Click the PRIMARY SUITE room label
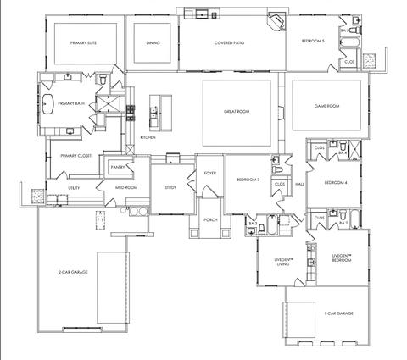point(82,42)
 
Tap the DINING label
point(153,42)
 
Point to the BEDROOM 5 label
point(313,40)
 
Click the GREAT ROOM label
point(236,111)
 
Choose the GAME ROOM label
point(326,106)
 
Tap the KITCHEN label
point(148,136)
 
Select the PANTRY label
point(117,167)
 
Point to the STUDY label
point(170,187)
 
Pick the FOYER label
point(210,173)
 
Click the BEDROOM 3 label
point(248,180)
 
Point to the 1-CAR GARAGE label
point(336,313)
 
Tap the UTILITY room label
point(74,188)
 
